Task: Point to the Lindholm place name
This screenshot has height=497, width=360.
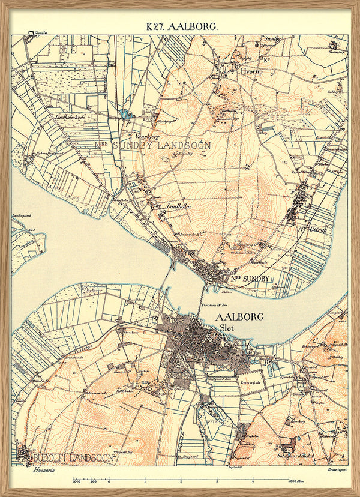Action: (x=179, y=205)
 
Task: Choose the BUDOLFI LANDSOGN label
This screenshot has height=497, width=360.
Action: (x=67, y=458)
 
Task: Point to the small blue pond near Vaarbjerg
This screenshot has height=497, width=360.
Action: (x=126, y=113)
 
